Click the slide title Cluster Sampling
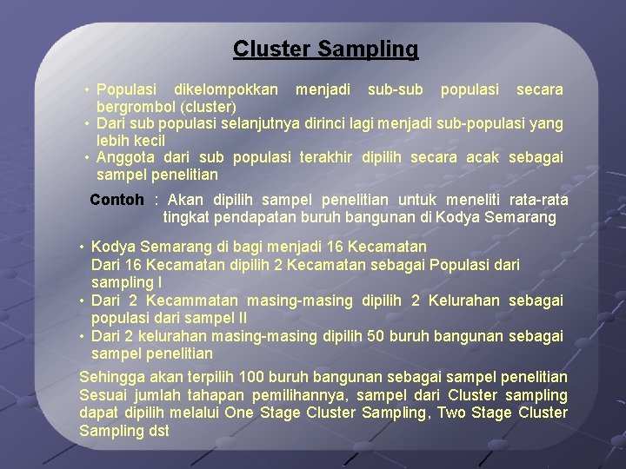(325, 50)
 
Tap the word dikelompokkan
(226, 89)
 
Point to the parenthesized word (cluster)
(208, 107)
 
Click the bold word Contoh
(117, 200)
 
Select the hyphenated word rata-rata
(536, 200)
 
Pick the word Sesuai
(103, 395)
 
